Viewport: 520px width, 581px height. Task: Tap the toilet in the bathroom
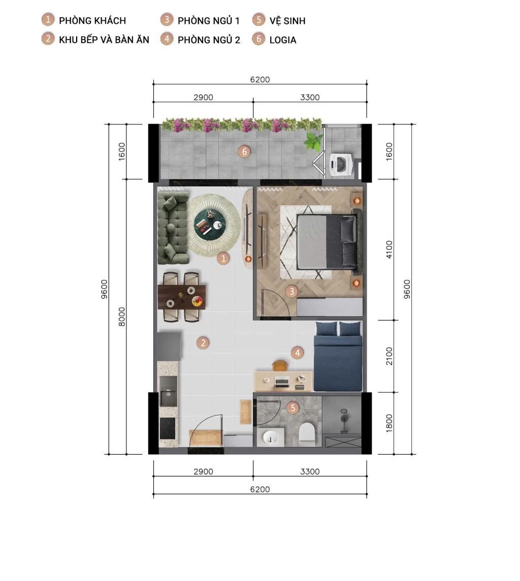(307, 433)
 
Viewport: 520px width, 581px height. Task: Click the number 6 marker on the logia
(244, 151)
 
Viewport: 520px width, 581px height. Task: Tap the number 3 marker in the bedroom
(291, 292)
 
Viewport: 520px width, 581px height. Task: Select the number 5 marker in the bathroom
(292, 407)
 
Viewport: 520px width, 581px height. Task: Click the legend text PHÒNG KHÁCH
(92, 21)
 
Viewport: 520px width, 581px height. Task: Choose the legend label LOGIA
(282, 40)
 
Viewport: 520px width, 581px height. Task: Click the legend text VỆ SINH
(287, 21)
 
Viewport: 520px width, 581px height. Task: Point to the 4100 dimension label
(389, 249)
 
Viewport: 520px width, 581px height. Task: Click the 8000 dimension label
(122, 316)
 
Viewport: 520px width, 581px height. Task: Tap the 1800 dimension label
(389, 423)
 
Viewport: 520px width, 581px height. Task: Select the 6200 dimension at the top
(260, 79)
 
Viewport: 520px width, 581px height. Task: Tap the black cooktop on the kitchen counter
(168, 428)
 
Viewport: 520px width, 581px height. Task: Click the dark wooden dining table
(182, 297)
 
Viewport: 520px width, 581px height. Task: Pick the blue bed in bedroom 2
(338, 358)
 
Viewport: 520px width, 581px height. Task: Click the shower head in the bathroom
(343, 418)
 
